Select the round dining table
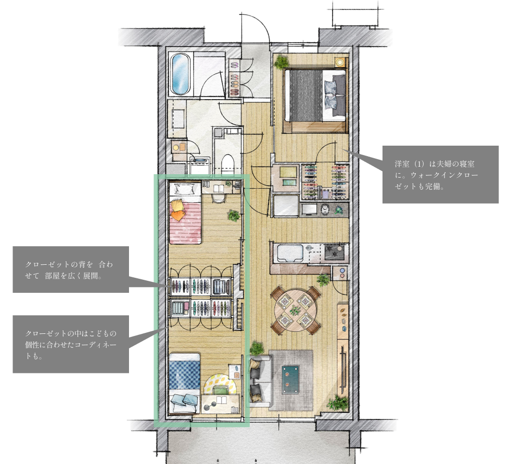[x=295, y=310]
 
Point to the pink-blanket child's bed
[x=185, y=213]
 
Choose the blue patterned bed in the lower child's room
[x=184, y=383]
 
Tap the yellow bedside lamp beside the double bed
[x=340, y=62]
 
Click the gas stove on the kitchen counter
[x=334, y=252]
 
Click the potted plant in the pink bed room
[x=233, y=216]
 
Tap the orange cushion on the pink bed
[x=177, y=214]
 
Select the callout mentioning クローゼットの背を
[x=69, y=270]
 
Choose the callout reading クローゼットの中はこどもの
[x=71, y=344]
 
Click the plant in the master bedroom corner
[x=281, y=62]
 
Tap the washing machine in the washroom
[x=200, y=166]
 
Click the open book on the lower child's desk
[x=221, y=400]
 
